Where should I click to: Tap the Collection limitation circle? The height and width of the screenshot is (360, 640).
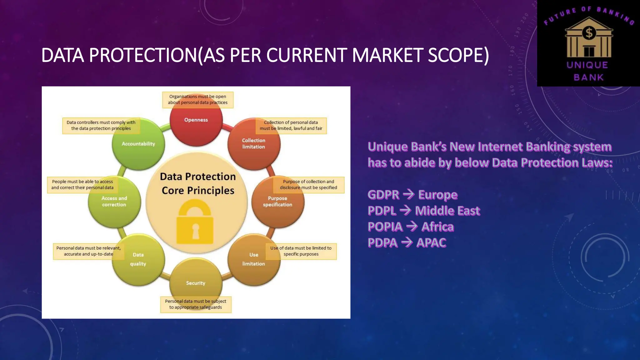254,147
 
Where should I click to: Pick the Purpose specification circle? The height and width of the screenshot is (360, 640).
277,203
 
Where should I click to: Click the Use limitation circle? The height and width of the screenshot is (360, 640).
254,261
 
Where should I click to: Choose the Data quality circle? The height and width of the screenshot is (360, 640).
138,261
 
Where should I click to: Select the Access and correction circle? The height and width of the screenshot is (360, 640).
114,203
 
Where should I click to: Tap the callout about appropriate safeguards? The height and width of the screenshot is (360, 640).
196,304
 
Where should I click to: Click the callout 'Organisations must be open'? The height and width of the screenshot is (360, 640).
197,100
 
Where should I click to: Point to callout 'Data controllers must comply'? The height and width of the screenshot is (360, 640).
101,126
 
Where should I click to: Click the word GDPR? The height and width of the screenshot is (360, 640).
383,195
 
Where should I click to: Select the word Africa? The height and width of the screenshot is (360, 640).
437,227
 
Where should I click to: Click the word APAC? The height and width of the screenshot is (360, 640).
431,243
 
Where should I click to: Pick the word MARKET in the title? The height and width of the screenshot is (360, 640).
387,55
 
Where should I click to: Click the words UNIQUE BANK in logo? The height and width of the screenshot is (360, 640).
588,71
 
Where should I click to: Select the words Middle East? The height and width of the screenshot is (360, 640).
447,211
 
